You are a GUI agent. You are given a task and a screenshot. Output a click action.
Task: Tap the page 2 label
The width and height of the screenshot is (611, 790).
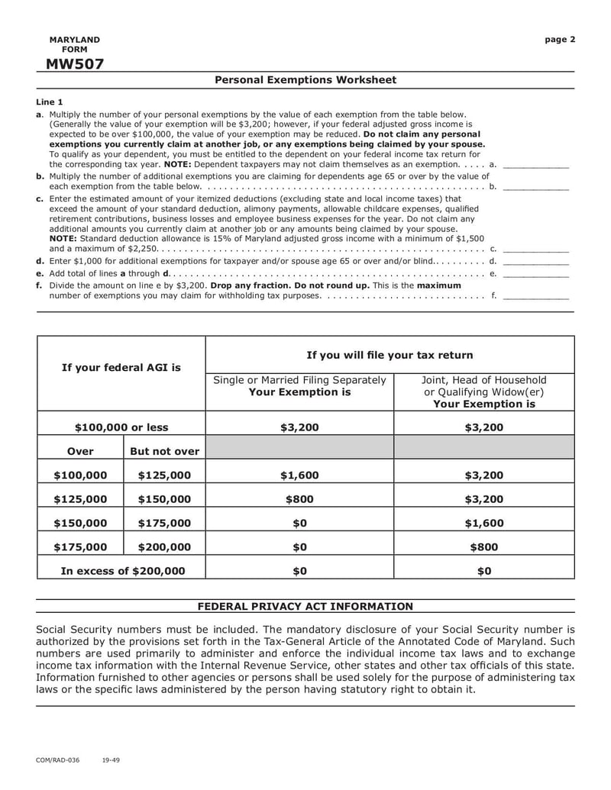click(x=560, y=40)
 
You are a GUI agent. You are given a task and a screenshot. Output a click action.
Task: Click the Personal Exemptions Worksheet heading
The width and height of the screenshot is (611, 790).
click(x=305, y=80)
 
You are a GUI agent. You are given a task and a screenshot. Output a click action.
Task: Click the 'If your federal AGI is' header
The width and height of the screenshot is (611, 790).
click(x=121, y=368)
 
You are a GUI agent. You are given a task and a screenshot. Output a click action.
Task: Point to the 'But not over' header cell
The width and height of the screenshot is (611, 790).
click(x=164, y=451)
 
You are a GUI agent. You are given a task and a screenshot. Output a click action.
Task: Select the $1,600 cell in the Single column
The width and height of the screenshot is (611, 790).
click(x=299, y=476)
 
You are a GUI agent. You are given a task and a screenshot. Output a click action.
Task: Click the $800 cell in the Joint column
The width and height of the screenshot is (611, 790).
click(x=484, y=547)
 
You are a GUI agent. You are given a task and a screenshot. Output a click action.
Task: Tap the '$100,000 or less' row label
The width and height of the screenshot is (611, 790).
click(x=121, y=427)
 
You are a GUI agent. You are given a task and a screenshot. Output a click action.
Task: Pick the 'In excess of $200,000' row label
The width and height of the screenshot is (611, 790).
click(x=122, y=571)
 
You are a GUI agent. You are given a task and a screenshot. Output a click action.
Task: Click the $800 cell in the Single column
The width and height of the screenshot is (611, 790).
click(x=299, y=499)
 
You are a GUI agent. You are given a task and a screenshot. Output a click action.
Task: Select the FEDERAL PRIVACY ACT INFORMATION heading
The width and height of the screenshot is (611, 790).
click(x=305, y=607)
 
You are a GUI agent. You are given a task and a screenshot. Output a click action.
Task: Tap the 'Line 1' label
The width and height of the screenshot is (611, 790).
click(x=50, y=102)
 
